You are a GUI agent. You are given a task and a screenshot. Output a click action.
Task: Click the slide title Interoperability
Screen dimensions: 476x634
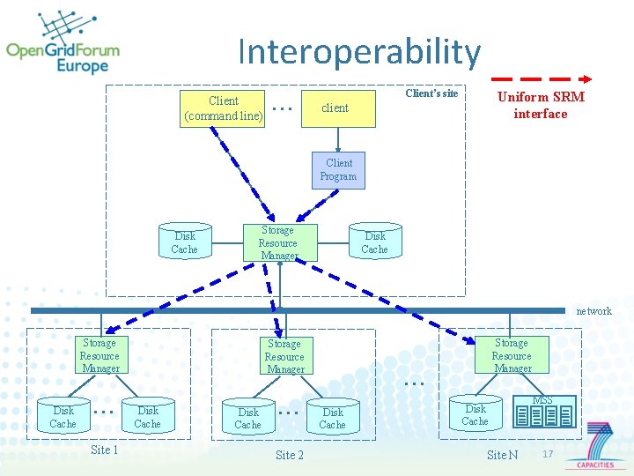(359, 52)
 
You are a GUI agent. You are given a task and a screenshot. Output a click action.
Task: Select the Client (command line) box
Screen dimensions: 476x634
(223, 108)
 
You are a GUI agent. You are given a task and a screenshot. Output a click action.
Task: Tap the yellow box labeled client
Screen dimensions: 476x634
(335, 108)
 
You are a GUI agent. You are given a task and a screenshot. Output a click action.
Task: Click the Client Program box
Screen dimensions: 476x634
(338, 169)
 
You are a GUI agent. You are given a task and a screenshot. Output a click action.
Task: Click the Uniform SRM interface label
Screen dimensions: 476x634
(541, 105)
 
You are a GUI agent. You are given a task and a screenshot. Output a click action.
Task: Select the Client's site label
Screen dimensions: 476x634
(431, 93)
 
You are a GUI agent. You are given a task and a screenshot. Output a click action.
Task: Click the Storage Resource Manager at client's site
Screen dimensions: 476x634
(278, 242)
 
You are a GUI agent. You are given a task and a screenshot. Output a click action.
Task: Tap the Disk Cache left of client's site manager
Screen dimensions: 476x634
(185, 242)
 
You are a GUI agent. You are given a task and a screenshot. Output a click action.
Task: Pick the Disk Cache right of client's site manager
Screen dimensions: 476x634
(375, 242)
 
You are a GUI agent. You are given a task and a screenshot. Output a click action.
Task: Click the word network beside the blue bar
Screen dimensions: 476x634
(593, 311)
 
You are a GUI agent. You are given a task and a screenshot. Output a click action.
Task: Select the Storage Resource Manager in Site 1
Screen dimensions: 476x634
(100, 355)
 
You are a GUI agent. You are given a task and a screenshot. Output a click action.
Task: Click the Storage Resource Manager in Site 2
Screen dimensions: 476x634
(284, 356)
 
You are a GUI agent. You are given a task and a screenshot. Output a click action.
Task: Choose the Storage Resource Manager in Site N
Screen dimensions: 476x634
(512, 355)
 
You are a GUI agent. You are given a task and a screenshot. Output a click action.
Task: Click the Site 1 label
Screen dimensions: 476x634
(104, 450)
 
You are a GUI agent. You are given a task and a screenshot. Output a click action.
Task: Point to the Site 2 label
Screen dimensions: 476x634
(289, 455)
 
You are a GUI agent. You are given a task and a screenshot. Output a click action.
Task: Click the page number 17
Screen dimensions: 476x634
(548, 454)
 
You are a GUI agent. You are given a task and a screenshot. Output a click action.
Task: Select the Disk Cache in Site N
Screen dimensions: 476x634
(475, 414)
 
